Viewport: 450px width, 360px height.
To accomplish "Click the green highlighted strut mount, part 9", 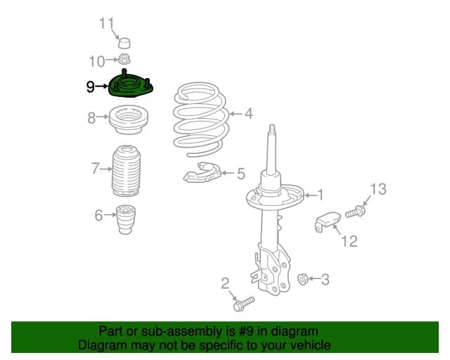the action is (x=131, y=86).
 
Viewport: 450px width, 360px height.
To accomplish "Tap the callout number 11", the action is (x=107, y=23).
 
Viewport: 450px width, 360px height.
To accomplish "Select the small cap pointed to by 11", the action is (x=124, y=43).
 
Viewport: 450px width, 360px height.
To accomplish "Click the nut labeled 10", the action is (x=124, y=60).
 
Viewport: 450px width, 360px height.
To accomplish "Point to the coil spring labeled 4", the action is (x=201, y=119).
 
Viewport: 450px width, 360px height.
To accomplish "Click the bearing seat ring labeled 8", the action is (x=128, y=120).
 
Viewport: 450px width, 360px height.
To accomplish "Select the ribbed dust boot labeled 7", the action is (x=126, y=171).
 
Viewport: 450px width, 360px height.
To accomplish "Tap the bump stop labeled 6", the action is (x=125, y=219).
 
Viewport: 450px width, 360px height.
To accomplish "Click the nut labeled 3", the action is (x=302, y=279).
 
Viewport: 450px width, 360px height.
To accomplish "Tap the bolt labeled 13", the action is (x=355, y=212).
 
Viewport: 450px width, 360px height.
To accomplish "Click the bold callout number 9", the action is (x=91, y=86).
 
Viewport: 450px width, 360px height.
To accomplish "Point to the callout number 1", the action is (x=321, y=195).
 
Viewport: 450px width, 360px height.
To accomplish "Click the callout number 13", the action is (x=378, y=189).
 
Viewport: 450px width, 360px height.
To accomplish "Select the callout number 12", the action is (x=349, y=241).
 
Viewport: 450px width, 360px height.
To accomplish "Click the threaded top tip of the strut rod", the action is (x=272, y=128).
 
